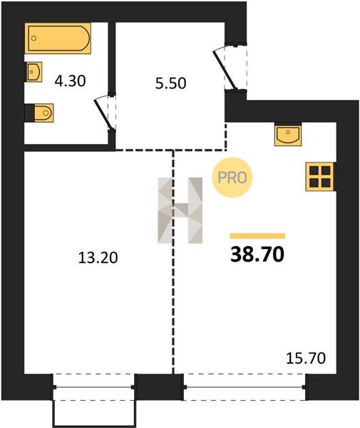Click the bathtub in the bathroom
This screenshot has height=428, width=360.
click(58, 39)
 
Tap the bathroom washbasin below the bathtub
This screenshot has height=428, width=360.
click(34, 72)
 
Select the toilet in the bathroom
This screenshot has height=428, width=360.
click(42, 113)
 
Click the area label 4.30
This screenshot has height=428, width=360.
click(70, 81)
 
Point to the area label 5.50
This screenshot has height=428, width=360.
click(170, 83)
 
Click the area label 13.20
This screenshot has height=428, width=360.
click(98, 258)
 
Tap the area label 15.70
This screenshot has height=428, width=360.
click(306, 358)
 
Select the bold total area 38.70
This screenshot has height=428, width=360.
click(257, 254)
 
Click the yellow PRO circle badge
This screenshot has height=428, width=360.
click(232, 178)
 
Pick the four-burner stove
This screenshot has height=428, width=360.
click(320, 177)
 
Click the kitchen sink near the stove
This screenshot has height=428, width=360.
click(288, 134)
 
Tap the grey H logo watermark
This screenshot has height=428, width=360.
click(180, 210)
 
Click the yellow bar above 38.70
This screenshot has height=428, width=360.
click(258, 236)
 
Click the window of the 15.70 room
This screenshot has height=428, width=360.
click(245, 387)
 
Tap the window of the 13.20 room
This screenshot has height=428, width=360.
click(93, 387)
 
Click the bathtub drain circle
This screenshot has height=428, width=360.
click(34, 39)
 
